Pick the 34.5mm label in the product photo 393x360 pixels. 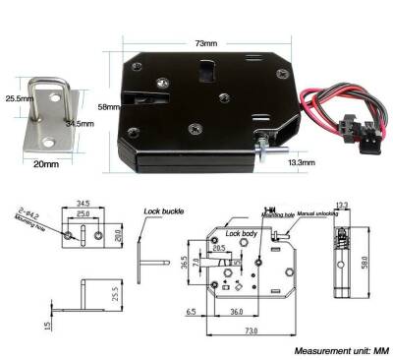[x=79, y=124]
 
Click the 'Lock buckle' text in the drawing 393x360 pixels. [x=163, y=210]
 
